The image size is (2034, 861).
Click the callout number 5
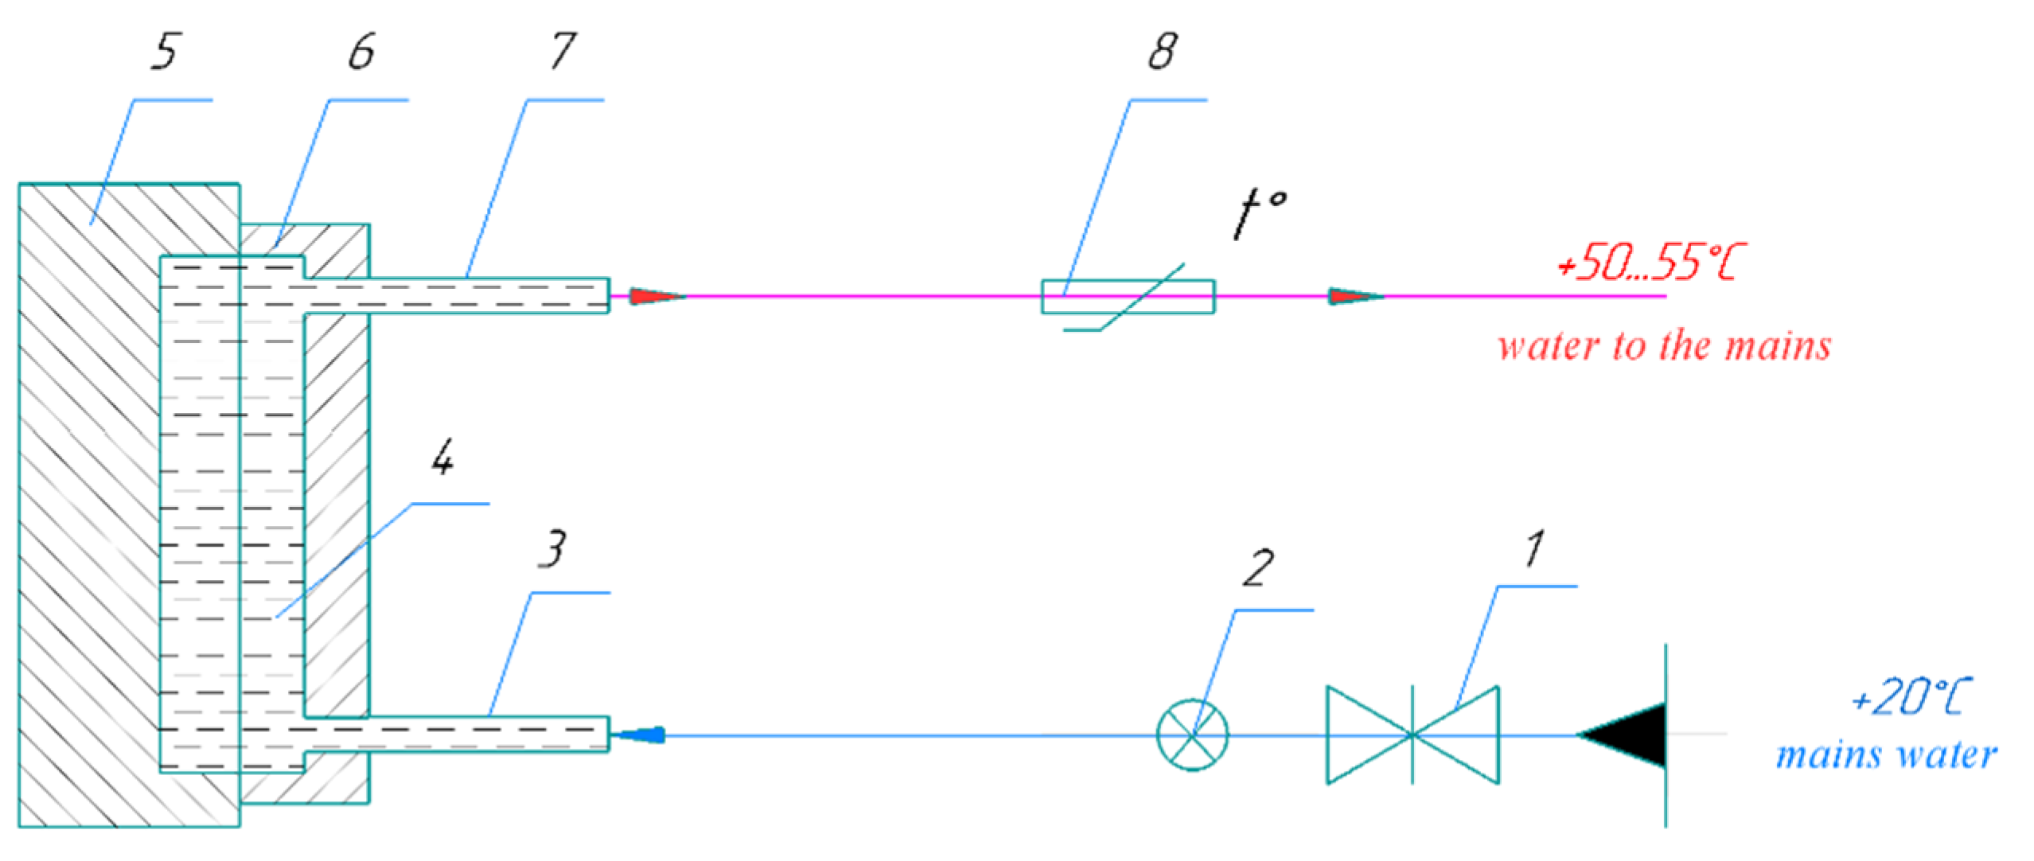coord(166,53)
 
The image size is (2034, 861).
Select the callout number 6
coord(362,53)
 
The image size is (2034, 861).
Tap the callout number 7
coord(563,53)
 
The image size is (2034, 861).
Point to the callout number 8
coord(1163,53)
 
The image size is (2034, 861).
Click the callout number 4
coord(443,458)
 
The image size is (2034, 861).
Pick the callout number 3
coord(553,549)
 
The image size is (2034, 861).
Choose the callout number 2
coord(1258,568)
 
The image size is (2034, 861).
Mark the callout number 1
coord(1535,549)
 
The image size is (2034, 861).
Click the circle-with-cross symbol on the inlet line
coord(1191,735)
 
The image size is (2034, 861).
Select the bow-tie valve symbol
coord(1412,735)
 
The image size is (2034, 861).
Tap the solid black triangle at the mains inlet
coord(1627,735)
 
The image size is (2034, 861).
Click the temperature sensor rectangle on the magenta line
coord(1128,297)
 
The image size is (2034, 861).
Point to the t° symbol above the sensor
coord(1258,213)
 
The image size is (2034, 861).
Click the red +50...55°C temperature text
coord(1650,263)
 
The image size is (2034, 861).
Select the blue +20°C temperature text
coord(1911,697)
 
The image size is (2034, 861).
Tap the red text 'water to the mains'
coord(1664,347)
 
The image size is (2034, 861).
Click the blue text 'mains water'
coord(1886,754)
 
